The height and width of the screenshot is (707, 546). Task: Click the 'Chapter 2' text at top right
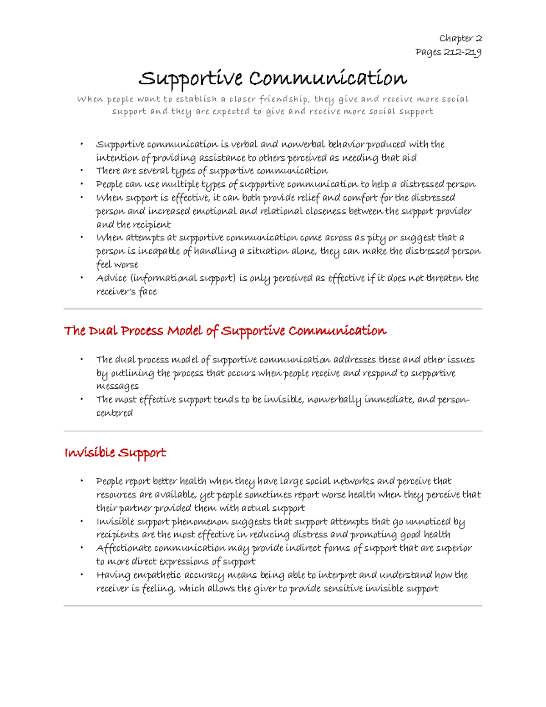point(460,38)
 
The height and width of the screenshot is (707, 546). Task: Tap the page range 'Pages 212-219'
point(448,52)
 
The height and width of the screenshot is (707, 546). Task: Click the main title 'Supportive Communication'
point(273,78)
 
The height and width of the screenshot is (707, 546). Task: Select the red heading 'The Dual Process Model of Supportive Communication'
point(225,331)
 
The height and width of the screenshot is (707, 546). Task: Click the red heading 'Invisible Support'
point(115,453)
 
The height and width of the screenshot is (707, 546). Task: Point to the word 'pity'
point(376,238)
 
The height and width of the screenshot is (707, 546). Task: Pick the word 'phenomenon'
point(198,522)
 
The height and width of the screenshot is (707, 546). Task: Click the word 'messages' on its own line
point(117,386)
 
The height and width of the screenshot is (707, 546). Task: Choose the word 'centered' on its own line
point(114,413)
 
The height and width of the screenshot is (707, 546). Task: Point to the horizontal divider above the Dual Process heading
point(273,309)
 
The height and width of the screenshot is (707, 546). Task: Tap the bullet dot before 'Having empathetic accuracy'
point(82,575)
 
